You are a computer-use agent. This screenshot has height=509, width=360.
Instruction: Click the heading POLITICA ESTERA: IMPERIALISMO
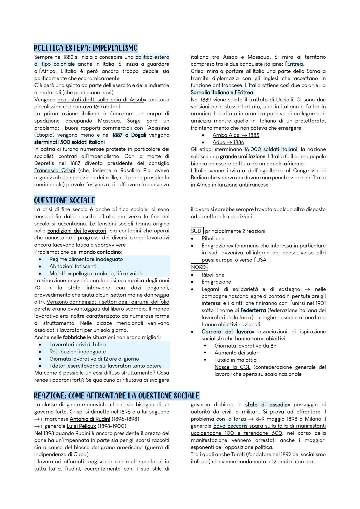(x=86, y=48)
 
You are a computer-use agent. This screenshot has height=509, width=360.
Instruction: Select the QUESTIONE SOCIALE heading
(x=64, y=200)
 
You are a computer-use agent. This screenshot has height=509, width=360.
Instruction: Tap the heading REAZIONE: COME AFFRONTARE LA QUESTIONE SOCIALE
(x=117, y=395)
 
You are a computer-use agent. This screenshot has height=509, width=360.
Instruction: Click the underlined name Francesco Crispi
(x=55, y=170)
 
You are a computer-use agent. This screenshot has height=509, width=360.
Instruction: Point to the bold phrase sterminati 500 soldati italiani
(x=69, y=142)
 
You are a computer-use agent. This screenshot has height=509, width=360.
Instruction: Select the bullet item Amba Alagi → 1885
(x=236, y=135)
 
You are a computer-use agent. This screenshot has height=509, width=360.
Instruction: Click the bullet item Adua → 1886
(x=228, y=142)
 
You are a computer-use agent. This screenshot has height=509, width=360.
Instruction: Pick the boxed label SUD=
(x=197, y=231)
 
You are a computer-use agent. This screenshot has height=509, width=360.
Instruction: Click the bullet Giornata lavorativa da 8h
(x=245, y=346)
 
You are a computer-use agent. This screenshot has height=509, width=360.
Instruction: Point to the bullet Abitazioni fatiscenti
(x=73, y=266)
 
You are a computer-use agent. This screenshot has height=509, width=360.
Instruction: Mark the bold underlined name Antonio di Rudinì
(x=90, y=419)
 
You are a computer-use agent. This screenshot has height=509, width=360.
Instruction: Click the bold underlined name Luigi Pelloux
(x=81, y=426)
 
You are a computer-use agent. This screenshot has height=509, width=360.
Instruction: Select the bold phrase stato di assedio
(x=266, y=405)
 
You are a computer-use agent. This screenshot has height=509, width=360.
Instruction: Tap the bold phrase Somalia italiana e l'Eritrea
(x=222, y=92)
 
